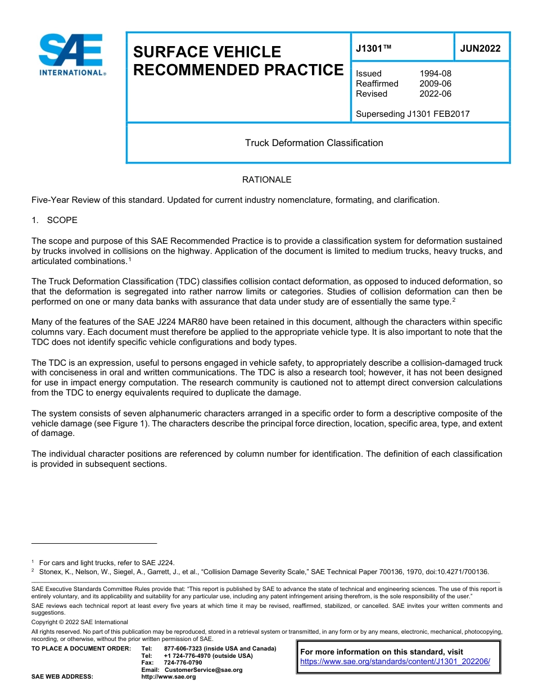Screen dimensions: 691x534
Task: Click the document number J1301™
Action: (374, 48)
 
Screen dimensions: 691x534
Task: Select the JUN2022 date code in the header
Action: (480, 48)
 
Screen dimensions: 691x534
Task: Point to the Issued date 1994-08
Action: (435, 74)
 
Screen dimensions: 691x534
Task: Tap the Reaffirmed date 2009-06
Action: (435, 84)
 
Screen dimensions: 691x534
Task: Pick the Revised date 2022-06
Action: (435, 94)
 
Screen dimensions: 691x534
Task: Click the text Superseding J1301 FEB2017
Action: (413, 114)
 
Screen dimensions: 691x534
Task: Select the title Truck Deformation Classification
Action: (314, 143)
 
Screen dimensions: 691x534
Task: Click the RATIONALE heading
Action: (266, 180)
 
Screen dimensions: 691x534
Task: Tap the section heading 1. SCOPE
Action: (55, 220)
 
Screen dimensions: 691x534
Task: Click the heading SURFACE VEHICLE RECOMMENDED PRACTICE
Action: (238, 61)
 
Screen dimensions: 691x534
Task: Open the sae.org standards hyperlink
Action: (395, 662)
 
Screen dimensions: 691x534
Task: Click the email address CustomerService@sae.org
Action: (203, 670)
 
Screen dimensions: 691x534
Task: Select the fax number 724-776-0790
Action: (183, 662)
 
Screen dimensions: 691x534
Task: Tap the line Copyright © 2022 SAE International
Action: (80, 622)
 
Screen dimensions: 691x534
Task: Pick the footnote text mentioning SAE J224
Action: (107, 562)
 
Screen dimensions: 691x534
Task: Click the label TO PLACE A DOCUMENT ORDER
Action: (81, 648)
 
